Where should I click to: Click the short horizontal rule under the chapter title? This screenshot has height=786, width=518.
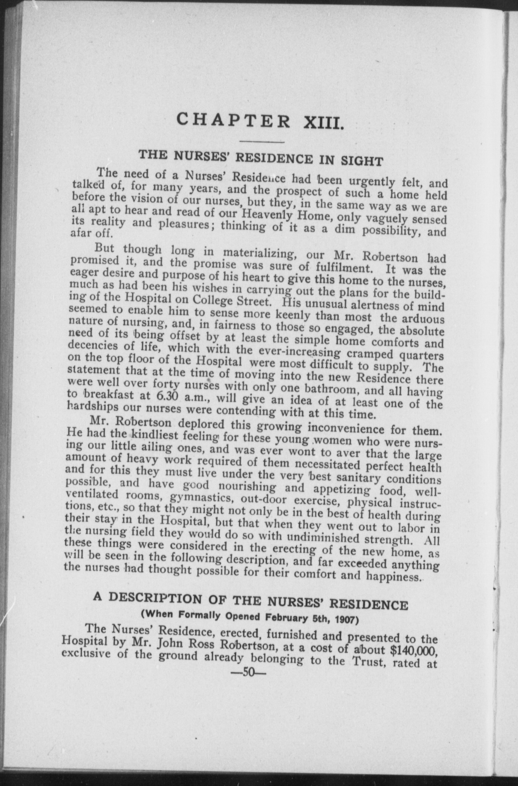coord(262,142)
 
